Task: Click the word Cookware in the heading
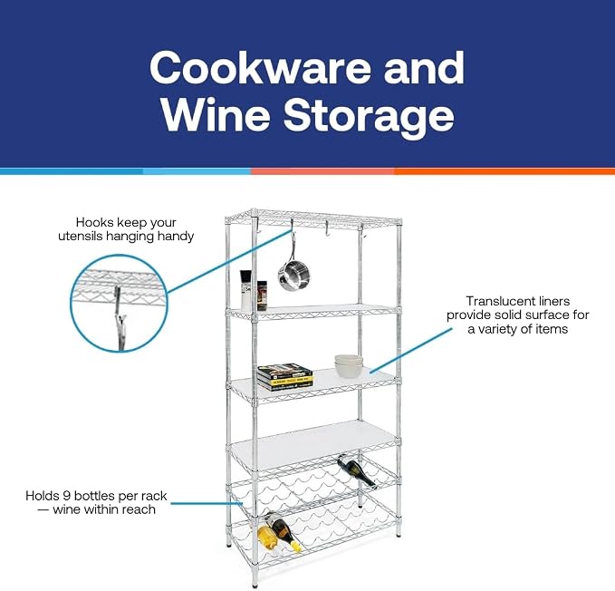[260, 67]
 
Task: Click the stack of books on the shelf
[285, 377]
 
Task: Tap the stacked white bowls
[349, 365]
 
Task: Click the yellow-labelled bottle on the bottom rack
[267, 537]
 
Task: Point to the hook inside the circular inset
[120, 317]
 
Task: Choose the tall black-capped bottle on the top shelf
[245, 290]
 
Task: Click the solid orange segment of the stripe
[504, 171]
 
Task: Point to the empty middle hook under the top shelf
[326, 229]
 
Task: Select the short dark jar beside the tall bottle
[262, 295]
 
